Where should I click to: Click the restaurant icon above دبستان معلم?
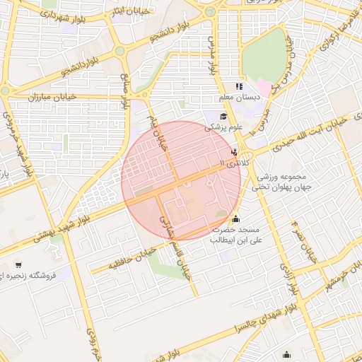pyautogui.click(x=239, y=86)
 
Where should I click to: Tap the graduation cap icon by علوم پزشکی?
pyautogui.click(x=223, y=117)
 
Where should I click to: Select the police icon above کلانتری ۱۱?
pyautogui.click(x=234, y=152)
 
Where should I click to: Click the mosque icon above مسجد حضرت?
pyautogui.click(x=235, y=219)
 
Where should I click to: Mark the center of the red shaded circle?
pyautogui.click(x=181, y=181)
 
